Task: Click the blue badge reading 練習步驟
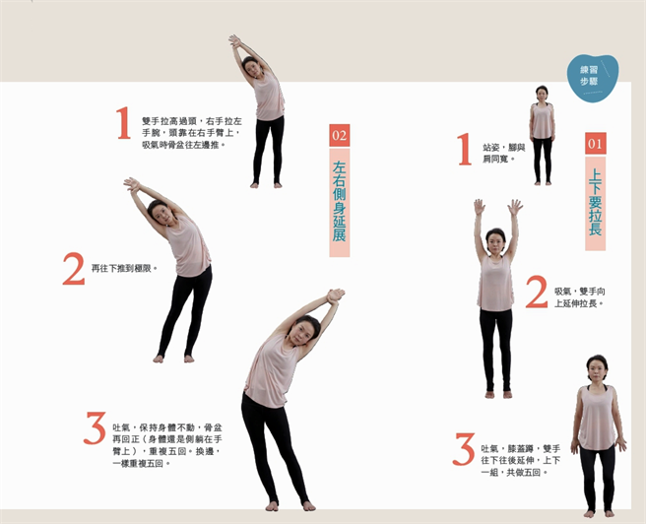592,75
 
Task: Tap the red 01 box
595,144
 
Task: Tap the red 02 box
339,135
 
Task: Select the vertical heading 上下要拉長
595,202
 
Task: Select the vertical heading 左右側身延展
339,202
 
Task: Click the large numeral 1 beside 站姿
464,151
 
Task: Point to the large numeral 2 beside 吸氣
536,293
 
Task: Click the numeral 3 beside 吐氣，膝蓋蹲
464,449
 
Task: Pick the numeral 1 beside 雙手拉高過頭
123,125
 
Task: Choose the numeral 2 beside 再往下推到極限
73,269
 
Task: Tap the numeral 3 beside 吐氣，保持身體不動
95,428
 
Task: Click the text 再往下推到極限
124,267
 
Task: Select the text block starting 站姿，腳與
503,152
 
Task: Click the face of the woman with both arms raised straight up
495,239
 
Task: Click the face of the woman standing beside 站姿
542,94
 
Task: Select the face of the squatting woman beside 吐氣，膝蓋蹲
597,370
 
